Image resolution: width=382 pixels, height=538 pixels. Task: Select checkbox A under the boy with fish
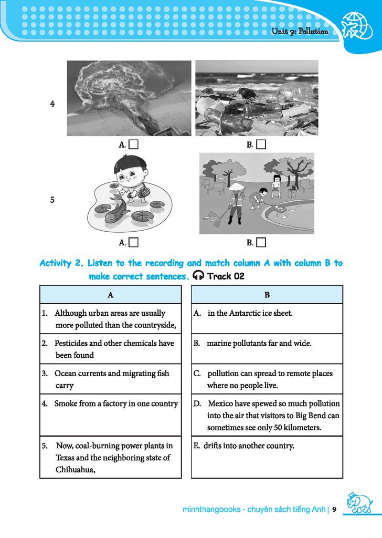133,242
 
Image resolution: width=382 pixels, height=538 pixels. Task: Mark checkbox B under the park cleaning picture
261,242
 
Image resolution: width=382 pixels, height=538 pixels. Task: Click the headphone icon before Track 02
198,276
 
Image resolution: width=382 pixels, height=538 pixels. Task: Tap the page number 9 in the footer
334,509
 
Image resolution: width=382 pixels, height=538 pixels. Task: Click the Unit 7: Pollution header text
300,32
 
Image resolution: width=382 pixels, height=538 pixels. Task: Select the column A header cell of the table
111,295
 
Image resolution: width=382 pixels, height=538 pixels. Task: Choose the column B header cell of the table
267,295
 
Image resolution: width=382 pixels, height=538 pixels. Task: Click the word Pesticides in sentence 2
71,343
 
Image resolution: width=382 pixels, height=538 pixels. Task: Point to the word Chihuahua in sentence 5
75,469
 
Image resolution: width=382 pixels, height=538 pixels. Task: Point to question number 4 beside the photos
52,104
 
